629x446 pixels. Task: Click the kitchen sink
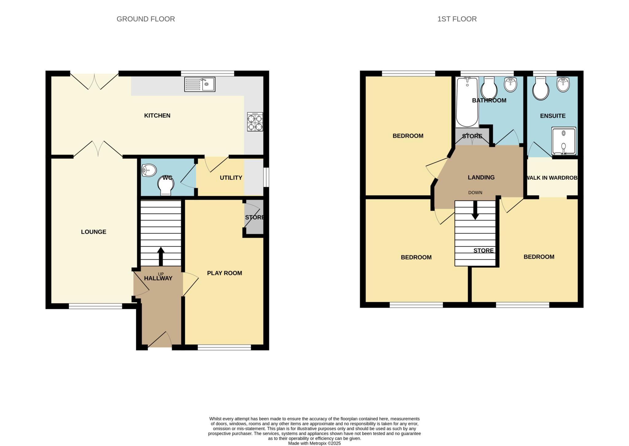point(200,84)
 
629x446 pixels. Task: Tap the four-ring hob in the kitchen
point(255,122)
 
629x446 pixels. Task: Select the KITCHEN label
point(157,115)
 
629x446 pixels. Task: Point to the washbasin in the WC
point(149,170)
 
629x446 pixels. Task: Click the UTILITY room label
point(231,178)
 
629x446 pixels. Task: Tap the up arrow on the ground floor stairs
point(161,256)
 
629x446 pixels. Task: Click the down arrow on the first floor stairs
point(475,211)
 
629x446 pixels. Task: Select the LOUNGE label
point(94,232)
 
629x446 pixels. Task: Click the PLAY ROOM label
point(225,273)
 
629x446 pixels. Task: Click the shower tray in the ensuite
point(564,141)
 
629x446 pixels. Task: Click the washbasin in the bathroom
point(511,84)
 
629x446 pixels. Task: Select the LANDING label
point(481,178)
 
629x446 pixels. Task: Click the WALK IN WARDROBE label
point(552,178)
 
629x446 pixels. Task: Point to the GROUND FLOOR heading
point(146,19)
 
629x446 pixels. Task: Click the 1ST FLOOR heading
point(457,19)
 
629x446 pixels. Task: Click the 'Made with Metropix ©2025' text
point(314,443)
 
